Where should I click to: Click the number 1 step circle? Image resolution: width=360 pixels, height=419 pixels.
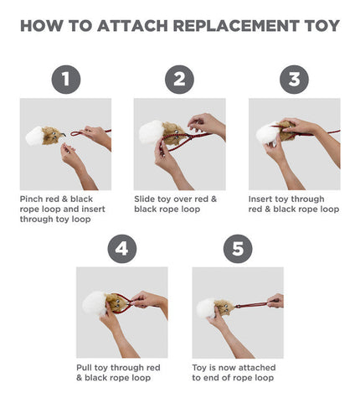(x=66, y=80)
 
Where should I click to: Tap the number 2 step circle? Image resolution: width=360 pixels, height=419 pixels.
(x=179, y=80)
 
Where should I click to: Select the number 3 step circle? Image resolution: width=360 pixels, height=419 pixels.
(x=294, y=80)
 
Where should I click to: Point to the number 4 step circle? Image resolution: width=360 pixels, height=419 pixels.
(x=122, y=248)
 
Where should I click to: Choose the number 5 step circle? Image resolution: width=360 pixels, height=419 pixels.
(x=238, y=248)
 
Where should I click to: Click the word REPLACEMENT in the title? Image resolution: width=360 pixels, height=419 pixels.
(x=236, y=26)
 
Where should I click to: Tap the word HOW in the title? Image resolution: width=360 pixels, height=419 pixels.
(x=42, y=26)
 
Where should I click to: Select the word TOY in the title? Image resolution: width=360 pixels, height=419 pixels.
(x=322, y=26)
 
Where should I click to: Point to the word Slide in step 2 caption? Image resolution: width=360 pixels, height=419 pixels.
(x=145, y=199)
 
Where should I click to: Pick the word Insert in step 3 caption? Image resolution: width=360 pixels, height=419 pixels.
(x=260, y=199)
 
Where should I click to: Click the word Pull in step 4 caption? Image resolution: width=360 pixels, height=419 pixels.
(x=84, y=368)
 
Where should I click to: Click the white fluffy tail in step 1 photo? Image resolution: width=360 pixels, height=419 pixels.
(x=34, y=136)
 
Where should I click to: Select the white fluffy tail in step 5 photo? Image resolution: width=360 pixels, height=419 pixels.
(x=206, y=308)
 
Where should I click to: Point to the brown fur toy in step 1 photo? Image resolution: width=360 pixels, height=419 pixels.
(x=52, y=136)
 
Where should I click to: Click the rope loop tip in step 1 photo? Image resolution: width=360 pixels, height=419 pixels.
(x=71, y=134)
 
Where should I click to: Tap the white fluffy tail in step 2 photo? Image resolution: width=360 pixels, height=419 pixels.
(x=151, y=132)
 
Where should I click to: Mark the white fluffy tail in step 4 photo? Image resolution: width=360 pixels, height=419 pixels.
(x=95, y=303)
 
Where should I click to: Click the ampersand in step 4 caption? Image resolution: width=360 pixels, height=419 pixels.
(x=79, y=378)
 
